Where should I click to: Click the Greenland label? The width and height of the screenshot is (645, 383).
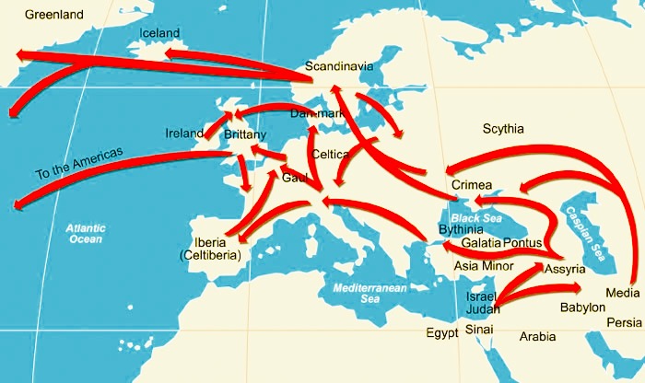tap(54, 15)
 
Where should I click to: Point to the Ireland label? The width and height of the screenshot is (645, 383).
tap(184, 133)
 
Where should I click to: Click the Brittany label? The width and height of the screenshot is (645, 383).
tap(245, 134)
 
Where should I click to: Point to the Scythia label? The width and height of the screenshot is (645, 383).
tap(502, 130)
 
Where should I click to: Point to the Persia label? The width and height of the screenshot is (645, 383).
tap(625, 322)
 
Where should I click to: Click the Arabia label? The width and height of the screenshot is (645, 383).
tap(538, 337)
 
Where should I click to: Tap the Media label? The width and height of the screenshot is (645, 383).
tap(620, 294)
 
